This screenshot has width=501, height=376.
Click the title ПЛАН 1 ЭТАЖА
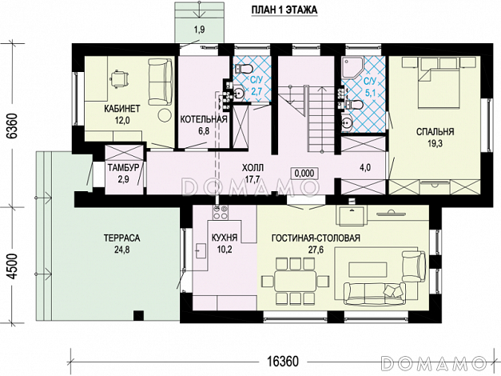pos(284,10)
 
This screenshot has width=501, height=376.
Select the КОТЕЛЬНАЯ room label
pos(204,120)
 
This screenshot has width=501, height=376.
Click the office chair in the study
pos(119,78)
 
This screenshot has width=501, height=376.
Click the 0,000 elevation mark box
pos(304,173)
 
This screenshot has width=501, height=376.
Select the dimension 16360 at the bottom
pos(283,362)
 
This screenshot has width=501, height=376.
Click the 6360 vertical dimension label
pos(12,126)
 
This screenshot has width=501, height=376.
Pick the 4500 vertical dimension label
pos(12,266)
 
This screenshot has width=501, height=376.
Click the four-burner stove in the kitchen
pos(221,213)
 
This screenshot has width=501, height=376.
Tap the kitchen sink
pos(201,250)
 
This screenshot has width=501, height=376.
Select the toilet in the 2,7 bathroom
pos(245,69)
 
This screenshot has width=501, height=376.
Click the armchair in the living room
pos(413,266)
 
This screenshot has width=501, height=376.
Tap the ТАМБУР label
pos(123,168)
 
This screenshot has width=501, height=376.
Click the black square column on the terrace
pos(138,315)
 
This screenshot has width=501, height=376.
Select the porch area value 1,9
pos(200,30)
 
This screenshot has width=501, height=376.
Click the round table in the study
pos(165,115)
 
